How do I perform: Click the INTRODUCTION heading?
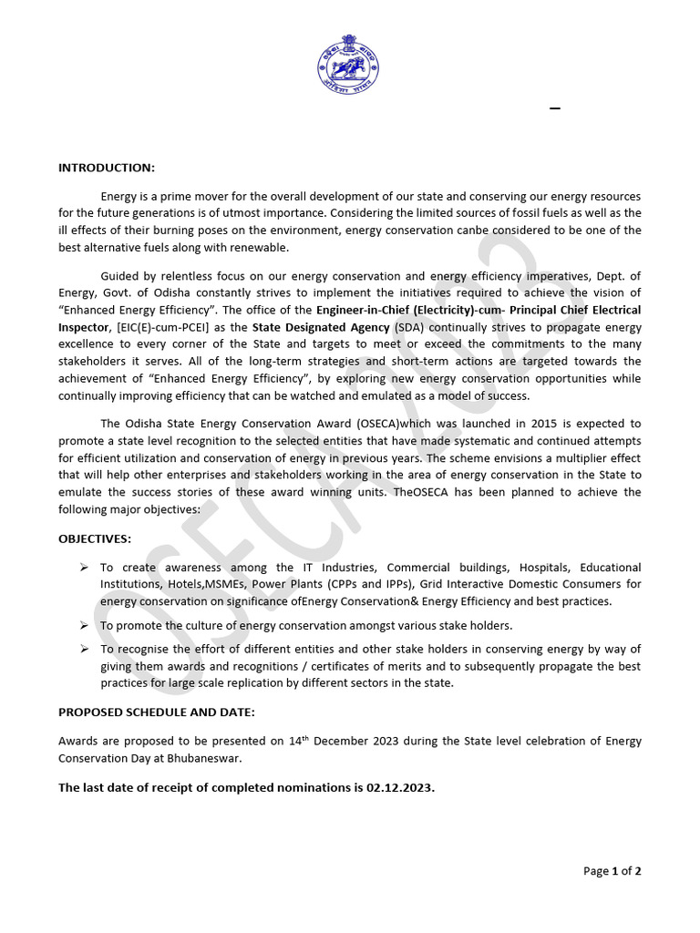(107, 168)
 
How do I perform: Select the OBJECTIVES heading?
(95, 539)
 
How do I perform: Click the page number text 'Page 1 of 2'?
(612, 871)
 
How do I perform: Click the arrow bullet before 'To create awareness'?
(83, 568)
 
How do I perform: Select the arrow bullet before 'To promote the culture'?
(83, 625)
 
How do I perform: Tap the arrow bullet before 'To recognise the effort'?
(83, 649)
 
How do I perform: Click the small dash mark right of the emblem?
(554, 109)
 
